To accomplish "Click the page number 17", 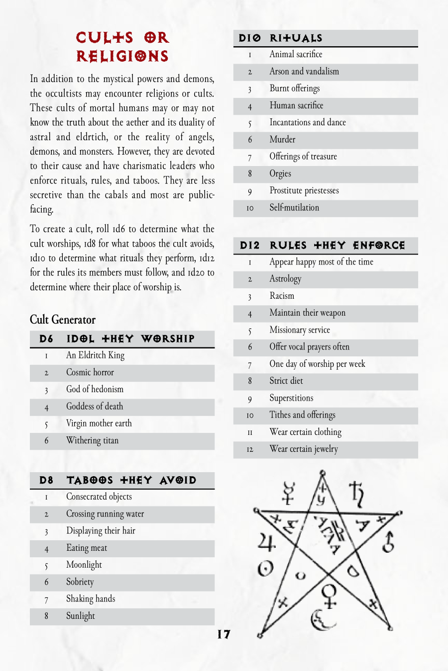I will [224, 634].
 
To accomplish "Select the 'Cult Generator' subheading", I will [63, 319].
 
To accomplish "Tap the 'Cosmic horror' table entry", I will [90, 372].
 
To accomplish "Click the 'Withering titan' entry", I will [93, 440].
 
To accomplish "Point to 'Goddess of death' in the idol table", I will [95, 406].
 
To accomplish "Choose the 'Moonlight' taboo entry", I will [84, 565].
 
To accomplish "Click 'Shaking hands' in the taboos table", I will [91, 598].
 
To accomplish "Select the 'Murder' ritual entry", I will [282, 140].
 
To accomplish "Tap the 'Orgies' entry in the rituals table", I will [280, 173].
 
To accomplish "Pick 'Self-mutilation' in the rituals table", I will [294, 208].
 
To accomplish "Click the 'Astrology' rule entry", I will [285, 279].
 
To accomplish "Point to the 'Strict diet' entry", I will [286, 381].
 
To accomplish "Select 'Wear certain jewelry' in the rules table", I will [304, 449].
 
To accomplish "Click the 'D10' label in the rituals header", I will [249, 38].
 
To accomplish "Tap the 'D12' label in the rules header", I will [249, 246].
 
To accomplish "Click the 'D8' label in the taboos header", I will [46, 480].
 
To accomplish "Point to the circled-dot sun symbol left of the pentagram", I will [265, 568].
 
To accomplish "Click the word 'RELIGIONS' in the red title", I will [122, 56].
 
